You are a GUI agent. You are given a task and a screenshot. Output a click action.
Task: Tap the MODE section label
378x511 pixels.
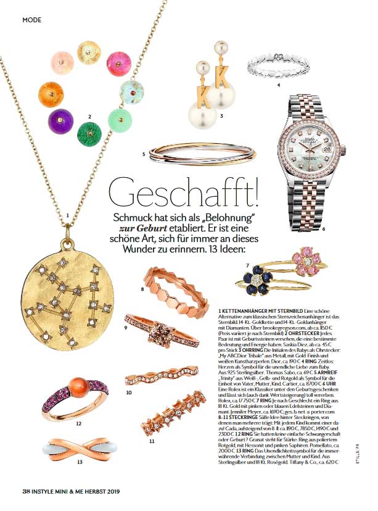(31, 20)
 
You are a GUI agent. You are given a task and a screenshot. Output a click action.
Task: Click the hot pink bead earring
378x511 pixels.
(118, 63)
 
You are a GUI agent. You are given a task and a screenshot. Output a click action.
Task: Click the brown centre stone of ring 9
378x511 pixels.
(171, 327)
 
